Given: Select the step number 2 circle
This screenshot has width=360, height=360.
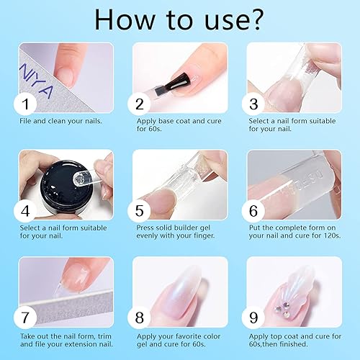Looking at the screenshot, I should coord(140,104).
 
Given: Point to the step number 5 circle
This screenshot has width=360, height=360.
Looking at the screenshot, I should coord(140,212).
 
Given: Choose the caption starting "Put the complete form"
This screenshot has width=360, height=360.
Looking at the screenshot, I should coord(294,233).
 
